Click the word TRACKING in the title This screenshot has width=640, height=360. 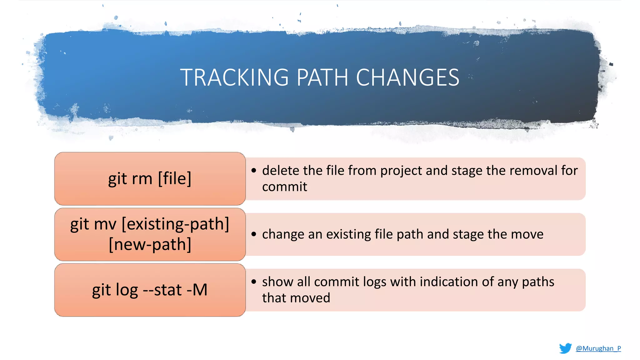(x=234, y=77)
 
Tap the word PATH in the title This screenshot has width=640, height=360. (x=322, y=77)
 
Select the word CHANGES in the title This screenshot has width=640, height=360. (x=407, y=77)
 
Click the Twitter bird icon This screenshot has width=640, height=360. (x=565, y=348)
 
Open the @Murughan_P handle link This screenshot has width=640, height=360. (x=598, y=348)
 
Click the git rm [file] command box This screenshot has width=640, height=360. (x=150, y=178)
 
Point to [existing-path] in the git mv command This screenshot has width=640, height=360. (x=175, y=224)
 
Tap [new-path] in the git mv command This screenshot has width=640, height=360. (x=150, y=244)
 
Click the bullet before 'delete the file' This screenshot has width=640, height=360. (x=254, y=171)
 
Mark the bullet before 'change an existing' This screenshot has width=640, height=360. (x=254, y=234)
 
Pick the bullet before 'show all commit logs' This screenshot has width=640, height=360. (x=254, y=282)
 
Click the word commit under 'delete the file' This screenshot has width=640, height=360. (x=284, y=187)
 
